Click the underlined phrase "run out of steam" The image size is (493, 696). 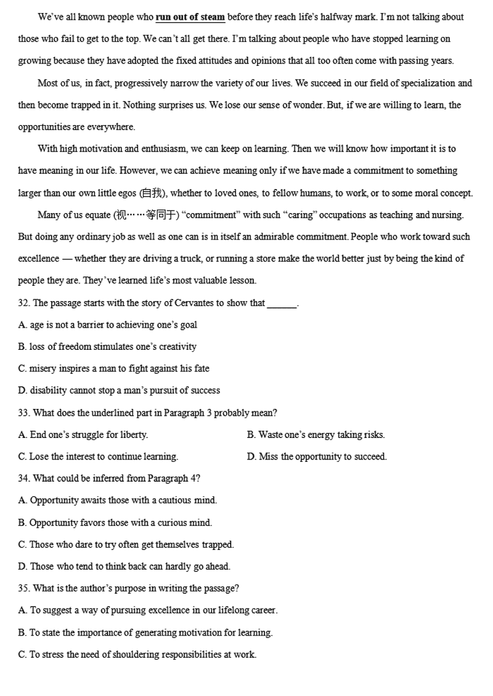tap(190, 17)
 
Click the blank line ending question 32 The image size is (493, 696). tap(282, 304)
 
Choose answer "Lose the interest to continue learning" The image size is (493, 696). tap(99, 456)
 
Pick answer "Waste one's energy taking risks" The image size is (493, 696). tap(316, 435)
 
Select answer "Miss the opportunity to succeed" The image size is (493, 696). tap(317, 456)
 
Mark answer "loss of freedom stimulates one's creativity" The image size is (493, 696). tap(107, 347)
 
